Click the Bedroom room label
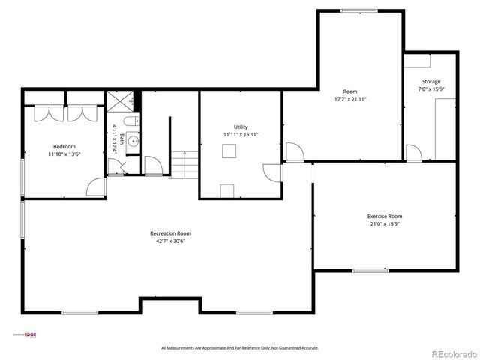click(x=64, y=146)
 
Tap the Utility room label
click(x=240, y=127)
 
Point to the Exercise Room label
click(x=384, y=216)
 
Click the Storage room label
click(x=430, y=81)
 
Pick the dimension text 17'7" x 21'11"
click(x=350, y=99)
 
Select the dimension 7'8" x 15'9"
click(x=430, y=89)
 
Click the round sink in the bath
click(x=131, y=140)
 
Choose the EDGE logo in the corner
click(x=26, y=335)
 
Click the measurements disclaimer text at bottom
click(x=240, y=348)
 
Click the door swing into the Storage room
click(x=412, y=153)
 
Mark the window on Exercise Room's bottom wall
click(x=369, y=270)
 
